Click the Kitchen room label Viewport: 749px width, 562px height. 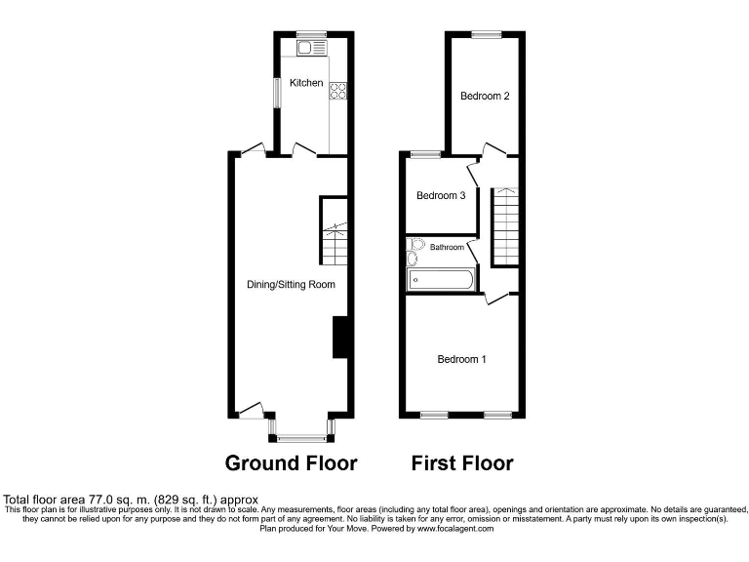click(x=305, y=84)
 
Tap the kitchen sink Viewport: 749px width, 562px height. click(x=313, y=47)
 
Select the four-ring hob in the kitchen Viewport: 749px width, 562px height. click(x=339, y=92)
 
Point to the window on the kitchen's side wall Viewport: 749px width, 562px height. click(x=277, y=93)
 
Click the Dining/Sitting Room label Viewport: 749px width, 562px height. click(x=291, y=285)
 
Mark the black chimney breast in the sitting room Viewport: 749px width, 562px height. click(x=341, y=338)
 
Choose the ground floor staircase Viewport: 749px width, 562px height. click(x=335, y=231)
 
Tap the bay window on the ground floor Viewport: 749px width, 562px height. click(x=300, y=436)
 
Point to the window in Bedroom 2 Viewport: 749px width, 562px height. click(x=486, y=35)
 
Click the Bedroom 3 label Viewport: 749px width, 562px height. click(x=441, y=196)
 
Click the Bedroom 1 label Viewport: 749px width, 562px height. click(x=461, y=359)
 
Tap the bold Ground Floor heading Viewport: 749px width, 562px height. click(x=291, y=462)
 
